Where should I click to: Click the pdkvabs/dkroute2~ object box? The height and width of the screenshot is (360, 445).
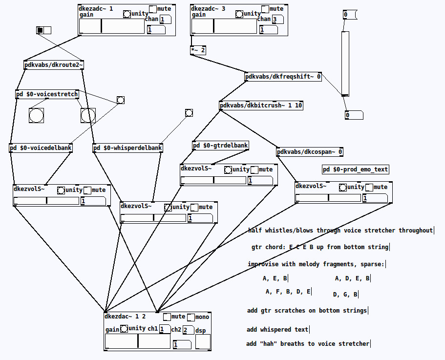pyautogui.click(x=54, y=65)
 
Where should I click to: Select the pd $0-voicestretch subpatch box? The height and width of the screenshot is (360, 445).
pyautogui.click(x=47, y=94)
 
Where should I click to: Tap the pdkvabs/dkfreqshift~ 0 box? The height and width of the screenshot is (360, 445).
pyautogui.click(x=283, y=77)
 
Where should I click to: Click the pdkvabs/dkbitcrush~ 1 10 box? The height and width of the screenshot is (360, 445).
pyautogui.click(x=261, y=106)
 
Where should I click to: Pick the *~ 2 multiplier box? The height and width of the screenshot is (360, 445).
pyautogui.click(x=198, y=50)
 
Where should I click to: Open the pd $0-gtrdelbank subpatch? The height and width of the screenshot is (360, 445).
pyautogui.click(x=220, y=146)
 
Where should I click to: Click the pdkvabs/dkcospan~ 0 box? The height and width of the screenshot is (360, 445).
pyautogui.click(x=310, y=152)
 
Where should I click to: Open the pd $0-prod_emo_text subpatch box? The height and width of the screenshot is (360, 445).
pyautogui.click(x=356, y=169)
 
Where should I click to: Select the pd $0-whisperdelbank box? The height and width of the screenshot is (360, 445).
pyautogui.click(x=127, y=148)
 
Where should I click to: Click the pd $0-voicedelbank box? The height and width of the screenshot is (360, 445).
pyautogui.click(x=41, y=148)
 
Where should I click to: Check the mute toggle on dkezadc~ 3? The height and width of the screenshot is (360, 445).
pyautogui.click(x=265, y=9)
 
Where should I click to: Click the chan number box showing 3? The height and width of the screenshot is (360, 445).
pyautogui.click(x=277, y=20)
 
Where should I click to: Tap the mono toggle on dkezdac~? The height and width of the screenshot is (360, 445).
pyautogui.click(x=191, y=317)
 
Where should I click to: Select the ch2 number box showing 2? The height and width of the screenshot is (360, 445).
pyautogui.click(x=188, y=330)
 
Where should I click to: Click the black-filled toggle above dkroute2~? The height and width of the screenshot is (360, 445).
pyautogui.click(x=40, y=31)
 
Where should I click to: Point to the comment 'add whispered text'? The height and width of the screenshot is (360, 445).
pyautogui.click(x=277, y=330)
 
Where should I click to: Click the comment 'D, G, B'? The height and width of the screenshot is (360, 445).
pyautogui.click(x=345, y=295)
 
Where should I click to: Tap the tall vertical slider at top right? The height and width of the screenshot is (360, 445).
pyautogui.click(x=345, y=64)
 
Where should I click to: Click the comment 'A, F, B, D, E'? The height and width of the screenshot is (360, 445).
pyautogui.click(x=288, y=292)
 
